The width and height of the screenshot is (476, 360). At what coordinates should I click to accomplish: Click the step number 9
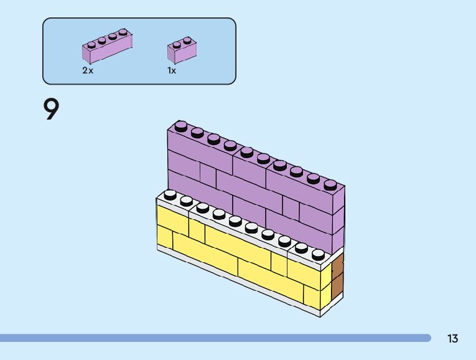coord(51,110)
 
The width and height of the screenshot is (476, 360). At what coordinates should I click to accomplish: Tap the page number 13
coord(452,339)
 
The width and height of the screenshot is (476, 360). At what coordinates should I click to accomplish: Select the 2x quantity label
coord(88,71)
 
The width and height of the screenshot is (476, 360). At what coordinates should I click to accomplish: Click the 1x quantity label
coord(172,71)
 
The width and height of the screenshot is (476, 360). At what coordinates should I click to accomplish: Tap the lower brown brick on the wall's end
coord(337,288)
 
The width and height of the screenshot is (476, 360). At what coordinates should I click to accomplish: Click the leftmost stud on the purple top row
coord(181,126)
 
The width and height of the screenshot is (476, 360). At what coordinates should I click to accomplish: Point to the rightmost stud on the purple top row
coord(330,184)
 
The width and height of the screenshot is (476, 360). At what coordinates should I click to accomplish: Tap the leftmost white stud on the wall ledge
coord(170,194)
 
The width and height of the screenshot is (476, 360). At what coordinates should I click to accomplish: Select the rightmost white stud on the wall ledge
coord(318,253)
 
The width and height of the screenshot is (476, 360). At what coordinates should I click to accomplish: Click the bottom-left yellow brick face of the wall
coord(165,237)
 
